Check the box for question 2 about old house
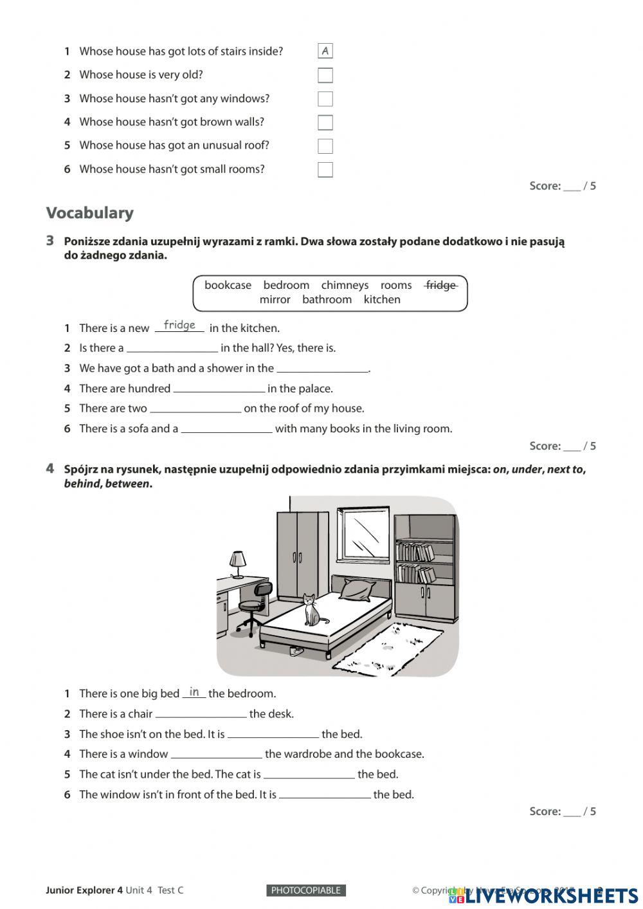[325, 75]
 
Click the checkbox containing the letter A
[325, 51]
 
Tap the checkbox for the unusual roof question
[325, 146]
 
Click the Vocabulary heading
[90, 213]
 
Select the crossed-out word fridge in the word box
[440, 285]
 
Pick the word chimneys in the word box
[345, 285]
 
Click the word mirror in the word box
[275, 299]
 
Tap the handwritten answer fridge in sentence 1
[179, 325]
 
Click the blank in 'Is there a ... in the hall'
[172, 348]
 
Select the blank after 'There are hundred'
[219, 389]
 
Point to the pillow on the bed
[358, 588]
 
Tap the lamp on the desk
[238, 564]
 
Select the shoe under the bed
[296, 650]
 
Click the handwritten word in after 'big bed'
[194, 692]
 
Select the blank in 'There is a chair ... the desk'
[201, 714]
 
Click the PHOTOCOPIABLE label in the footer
[306, 890]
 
